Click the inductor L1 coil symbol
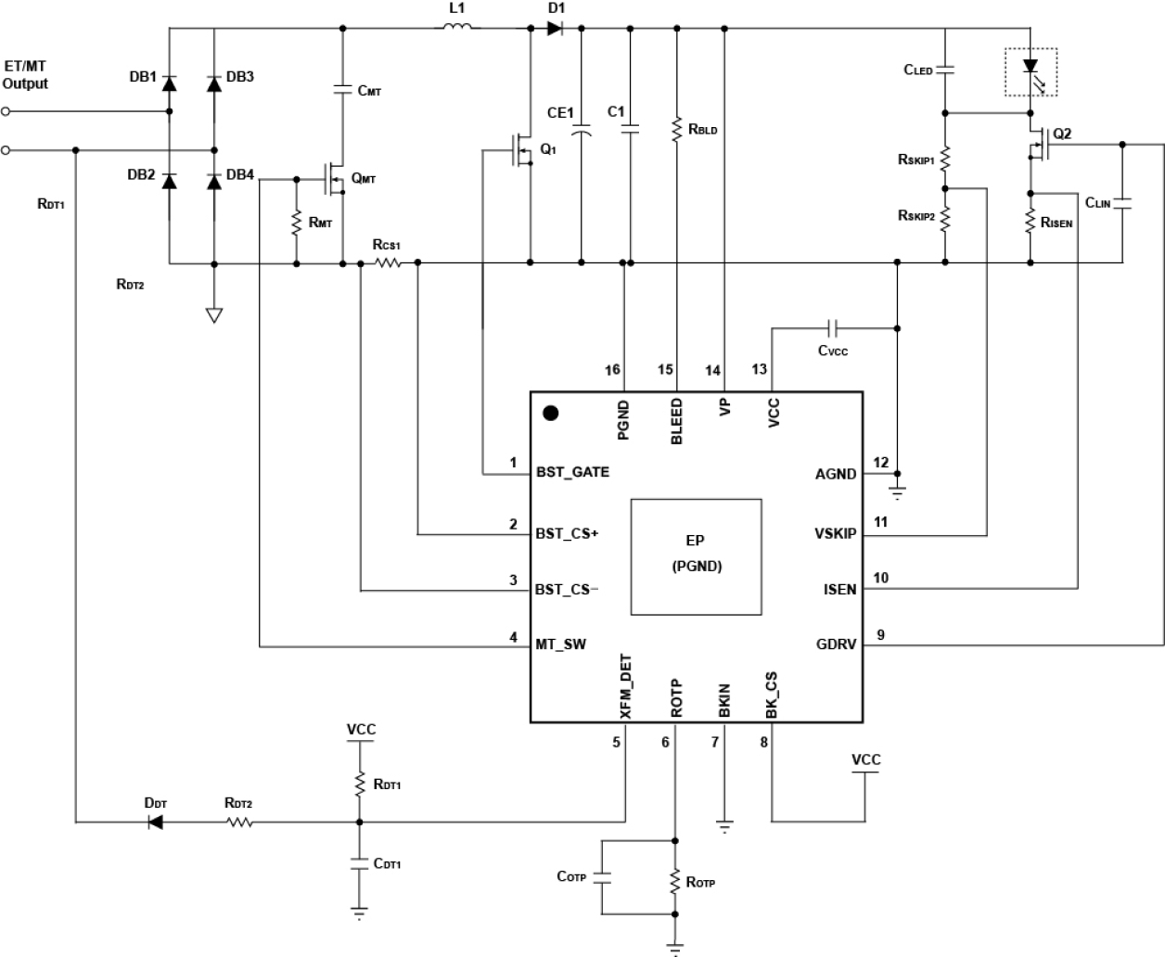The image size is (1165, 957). coord(456,28)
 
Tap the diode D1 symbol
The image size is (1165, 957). coord(555,29)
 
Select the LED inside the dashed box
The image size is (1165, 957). coord(1031,67)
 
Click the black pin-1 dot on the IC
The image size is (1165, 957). coord(550,414)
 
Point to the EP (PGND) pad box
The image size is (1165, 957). coord(696,556)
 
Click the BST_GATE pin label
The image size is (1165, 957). coord(572,472)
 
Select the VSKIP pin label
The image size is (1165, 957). coord(835,534)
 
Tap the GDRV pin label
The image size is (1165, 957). coord(836,644)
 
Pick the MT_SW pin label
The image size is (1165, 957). coord(560,644)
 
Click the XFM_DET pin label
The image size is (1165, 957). coord(625,687)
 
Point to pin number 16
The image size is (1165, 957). coord(612,370)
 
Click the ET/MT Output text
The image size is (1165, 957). coord(26,75)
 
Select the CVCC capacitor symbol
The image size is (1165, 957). coord(833,327)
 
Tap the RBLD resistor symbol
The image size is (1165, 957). coord(677,129)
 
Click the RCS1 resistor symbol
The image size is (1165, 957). coord(388,263)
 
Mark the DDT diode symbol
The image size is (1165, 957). coord(155,822)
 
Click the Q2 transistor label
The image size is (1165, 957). coord(1062,134)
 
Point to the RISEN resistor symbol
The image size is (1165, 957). coord(1031,223)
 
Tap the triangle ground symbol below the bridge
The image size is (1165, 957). coord(214,315)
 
